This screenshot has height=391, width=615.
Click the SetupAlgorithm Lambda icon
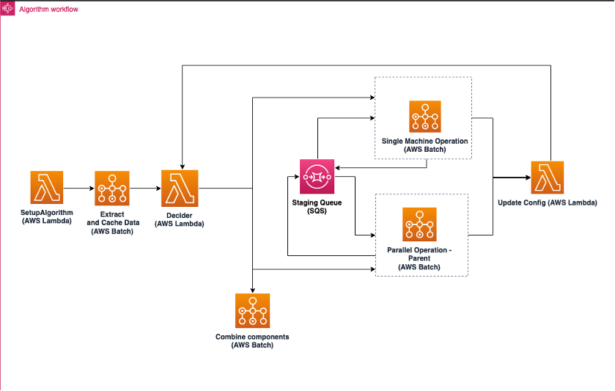click(47, 188)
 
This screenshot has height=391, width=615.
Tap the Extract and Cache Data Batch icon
click(111, 189)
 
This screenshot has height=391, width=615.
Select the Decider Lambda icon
click(180, 188)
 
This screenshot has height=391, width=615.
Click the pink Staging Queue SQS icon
click(317, 177)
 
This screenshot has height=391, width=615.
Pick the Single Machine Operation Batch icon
click(424, 117)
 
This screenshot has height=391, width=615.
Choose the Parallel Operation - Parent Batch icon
click(419, 224)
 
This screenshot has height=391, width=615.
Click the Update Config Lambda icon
click(545, 177)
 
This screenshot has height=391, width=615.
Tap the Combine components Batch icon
click(252, 310)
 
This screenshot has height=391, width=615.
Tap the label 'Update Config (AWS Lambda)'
click(546, 202)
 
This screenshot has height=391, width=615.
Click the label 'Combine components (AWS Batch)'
click(252, 340)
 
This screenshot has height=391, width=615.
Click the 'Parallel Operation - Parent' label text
click(419, 250)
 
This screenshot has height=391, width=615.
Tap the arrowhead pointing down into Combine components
click(252, 290)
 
